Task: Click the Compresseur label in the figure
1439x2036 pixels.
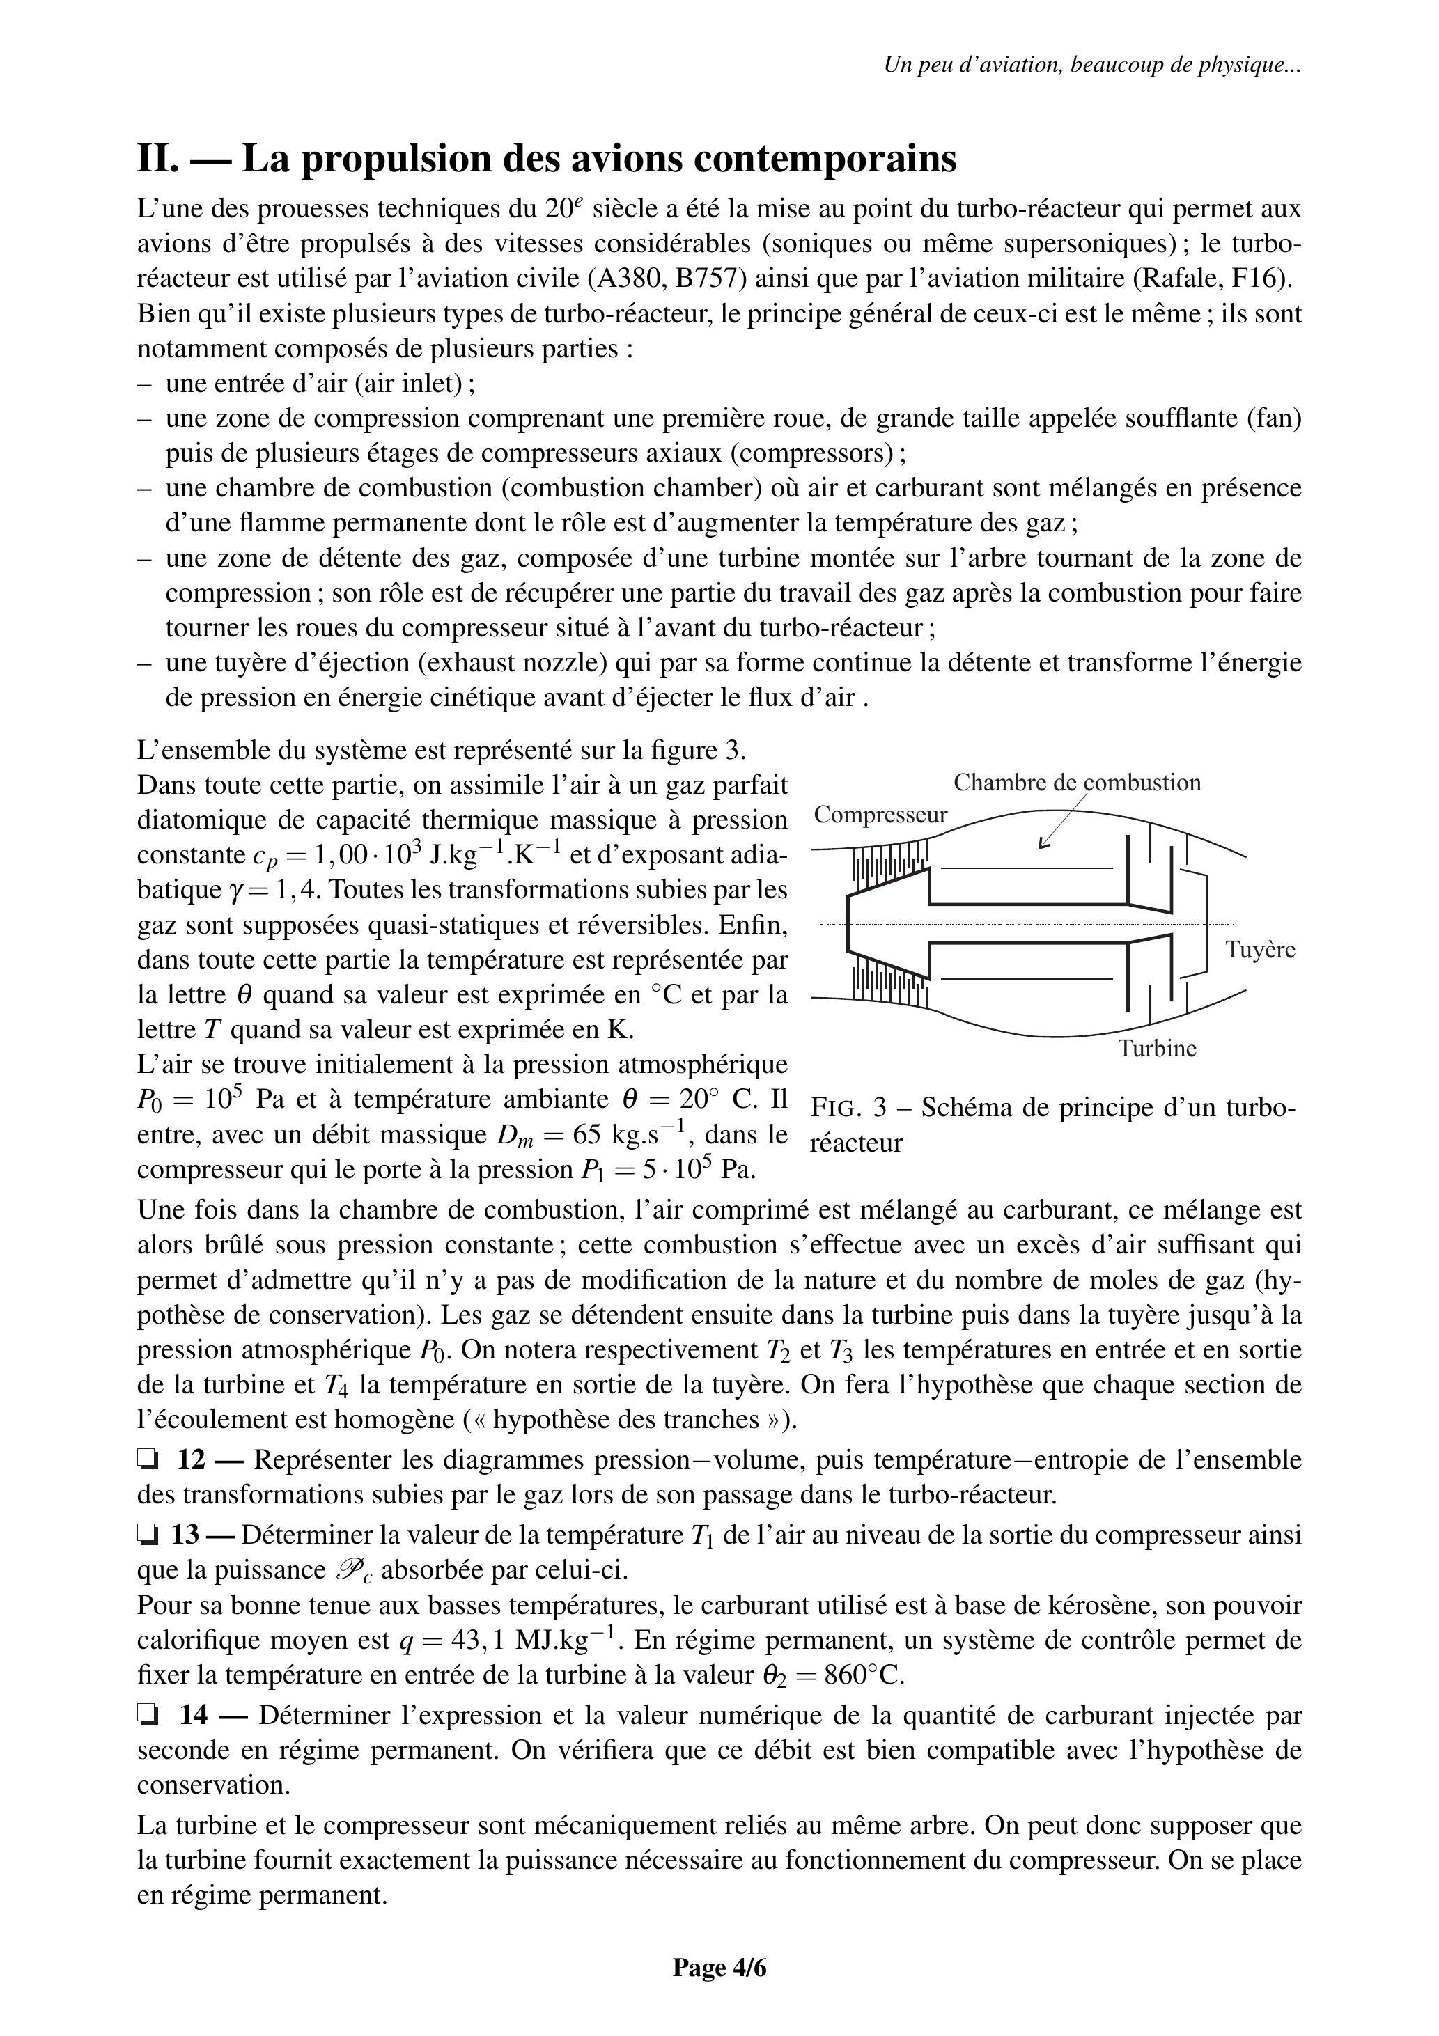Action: pos(880,815)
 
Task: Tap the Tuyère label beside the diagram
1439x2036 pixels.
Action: pos(1260,950)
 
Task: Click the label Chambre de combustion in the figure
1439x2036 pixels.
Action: pos(1077,782)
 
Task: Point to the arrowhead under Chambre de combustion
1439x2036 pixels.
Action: pos(1044,844)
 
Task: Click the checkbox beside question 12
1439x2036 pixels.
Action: pos(146,1459)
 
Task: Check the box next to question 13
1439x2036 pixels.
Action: pos(146,1534)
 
